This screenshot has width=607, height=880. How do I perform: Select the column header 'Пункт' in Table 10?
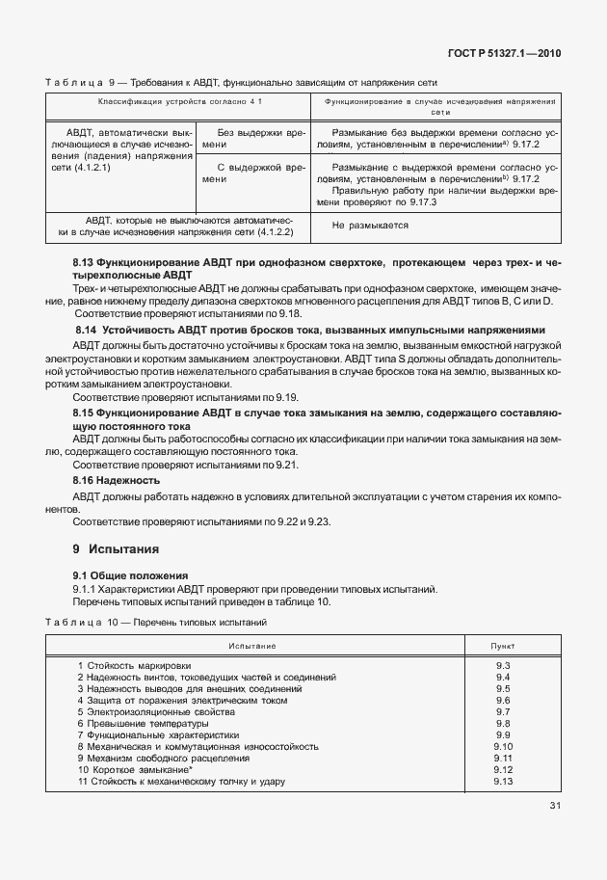(x=502, y=644)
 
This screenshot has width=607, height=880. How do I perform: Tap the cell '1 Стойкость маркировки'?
(x=134, y=665)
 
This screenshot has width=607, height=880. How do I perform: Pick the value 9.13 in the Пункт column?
(x=502, y=781)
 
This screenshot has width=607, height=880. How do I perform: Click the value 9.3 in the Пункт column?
(x=502, y=665)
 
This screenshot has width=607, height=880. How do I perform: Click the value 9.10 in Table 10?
(x=502, y=746)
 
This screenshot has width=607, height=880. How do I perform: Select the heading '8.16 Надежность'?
(x=117, y=479)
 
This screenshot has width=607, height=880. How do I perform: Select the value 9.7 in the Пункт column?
(x=502, y=711)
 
